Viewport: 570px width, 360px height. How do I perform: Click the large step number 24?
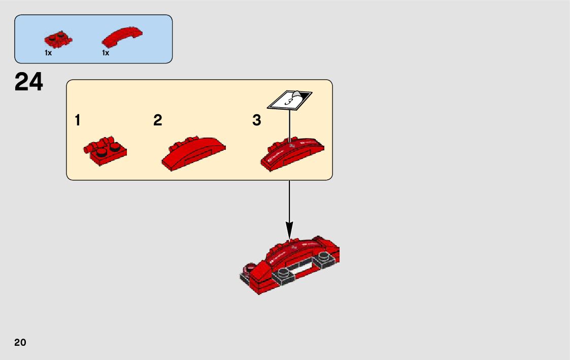[29, 82]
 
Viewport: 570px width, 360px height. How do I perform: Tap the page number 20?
[20, 342]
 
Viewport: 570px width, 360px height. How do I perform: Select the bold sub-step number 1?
[77, 121]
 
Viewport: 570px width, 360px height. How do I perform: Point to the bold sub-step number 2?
[158, 121]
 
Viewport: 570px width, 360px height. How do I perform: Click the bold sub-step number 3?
[257, 121]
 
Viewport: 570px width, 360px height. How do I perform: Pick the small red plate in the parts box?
[58, 39]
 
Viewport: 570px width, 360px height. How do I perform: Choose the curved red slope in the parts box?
[122, 38]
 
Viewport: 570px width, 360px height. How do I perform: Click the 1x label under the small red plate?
[48, 53]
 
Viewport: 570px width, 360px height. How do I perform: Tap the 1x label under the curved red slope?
[106, 53]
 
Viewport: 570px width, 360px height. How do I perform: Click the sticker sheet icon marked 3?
[289, 100]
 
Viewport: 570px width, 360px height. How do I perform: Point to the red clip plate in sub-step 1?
[105, 151]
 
